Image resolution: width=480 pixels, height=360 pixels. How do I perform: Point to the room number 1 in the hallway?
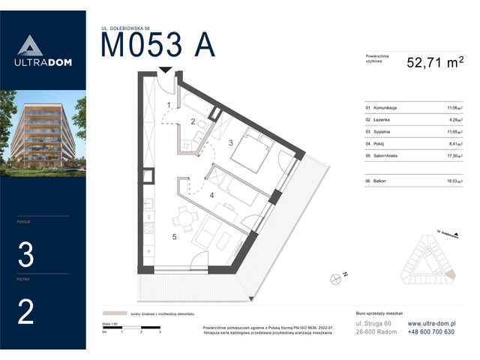pos(169,104)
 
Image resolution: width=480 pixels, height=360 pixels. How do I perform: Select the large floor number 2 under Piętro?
pos(25,312)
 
